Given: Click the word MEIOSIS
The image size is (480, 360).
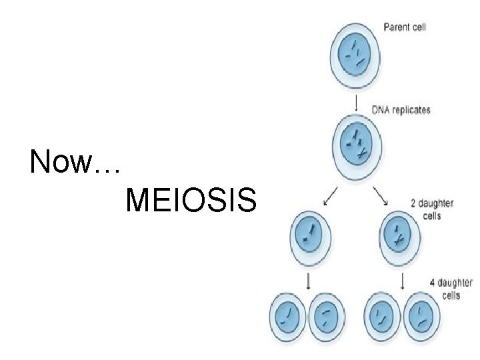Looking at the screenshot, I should [190, 200].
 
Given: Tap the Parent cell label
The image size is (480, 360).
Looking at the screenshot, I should [405, 27].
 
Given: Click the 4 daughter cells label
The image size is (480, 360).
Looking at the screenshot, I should [451, 289].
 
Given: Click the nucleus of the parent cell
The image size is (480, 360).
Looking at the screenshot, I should [355, 54].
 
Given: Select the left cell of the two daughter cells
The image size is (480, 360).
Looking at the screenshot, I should [309, 235].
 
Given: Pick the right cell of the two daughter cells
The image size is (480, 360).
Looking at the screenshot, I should [400, 235].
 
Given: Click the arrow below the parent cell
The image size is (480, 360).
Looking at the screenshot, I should [358, 103].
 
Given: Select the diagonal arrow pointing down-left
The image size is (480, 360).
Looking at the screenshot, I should [330, 196].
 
